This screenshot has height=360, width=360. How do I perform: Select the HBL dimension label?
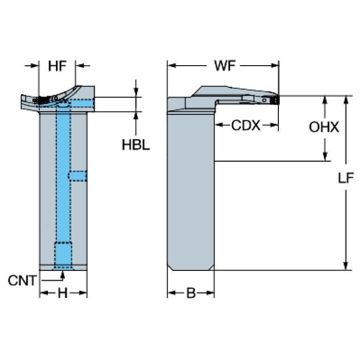[x=136, y=145]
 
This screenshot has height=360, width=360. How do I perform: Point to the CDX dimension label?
[x=245, y=126]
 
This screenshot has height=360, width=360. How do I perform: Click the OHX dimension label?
[x=324, y=127]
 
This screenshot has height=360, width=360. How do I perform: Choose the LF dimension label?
[x=346, y=178]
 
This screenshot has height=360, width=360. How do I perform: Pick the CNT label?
[x=22, y=281]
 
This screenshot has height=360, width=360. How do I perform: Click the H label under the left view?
[x=62, y=294]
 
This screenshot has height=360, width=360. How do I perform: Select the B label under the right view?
[x=191, y=294]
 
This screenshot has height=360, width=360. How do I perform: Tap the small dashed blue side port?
[x=78, y=176]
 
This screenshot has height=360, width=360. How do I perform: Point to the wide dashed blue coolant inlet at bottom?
[x=63, y=253]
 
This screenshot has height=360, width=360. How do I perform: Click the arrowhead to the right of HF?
[x=79, y=66]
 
